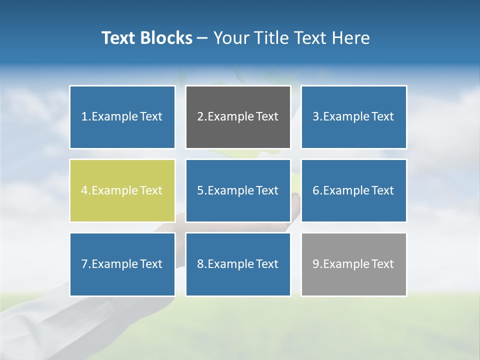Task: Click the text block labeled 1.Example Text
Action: (x=122, y=117)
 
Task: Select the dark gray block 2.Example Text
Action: (x=238, y=117)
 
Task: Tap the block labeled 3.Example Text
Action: (x=353, y=117)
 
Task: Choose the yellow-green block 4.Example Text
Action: (x=122, y=190)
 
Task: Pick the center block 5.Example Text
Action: (x=238, y=190)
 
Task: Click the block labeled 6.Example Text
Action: (x=353, y=190)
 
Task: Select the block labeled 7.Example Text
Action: (x=122, y=264)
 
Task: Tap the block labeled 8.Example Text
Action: (x=238, y=264)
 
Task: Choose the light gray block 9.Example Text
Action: (x=353, y=264)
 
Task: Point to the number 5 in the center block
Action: (x=200, y=190)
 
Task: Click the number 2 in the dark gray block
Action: (x=200, y=117)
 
